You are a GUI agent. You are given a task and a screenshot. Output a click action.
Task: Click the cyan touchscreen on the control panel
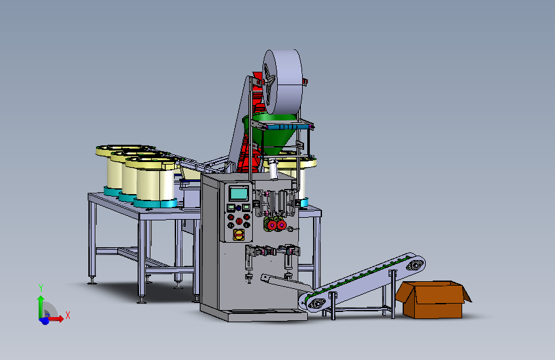point(239,193)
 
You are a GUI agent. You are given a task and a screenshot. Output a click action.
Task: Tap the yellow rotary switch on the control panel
point(239,234)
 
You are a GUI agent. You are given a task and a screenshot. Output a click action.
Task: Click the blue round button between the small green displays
point(239,208)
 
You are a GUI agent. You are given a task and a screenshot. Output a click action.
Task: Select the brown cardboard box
point(433,299)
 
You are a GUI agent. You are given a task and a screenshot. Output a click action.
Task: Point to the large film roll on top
point(283,81)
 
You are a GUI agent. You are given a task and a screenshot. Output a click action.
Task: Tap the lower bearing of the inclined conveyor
point(316,304)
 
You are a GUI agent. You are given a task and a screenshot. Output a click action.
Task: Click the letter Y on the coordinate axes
point(41,288)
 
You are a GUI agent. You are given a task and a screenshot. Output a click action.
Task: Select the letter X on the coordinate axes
point(68,315)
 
